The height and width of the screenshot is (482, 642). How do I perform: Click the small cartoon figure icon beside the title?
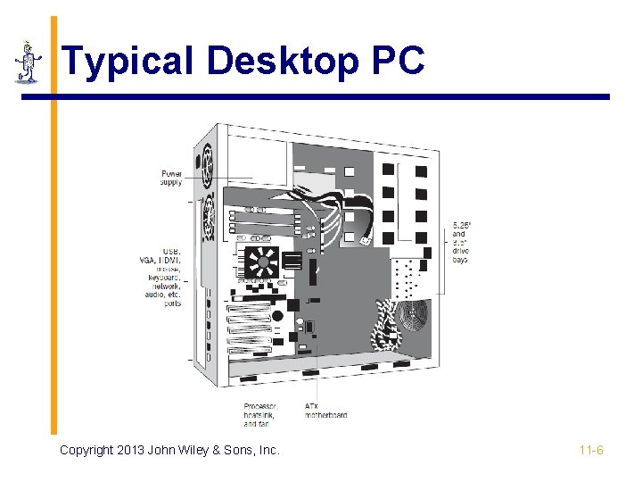tap(29, 62)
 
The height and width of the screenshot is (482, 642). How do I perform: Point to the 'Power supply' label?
tap(171, 178)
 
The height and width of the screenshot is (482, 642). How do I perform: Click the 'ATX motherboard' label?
tap(325, 411)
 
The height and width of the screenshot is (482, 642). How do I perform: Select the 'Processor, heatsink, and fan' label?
tap(260, 415)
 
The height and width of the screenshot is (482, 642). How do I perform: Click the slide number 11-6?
tap(591, 450)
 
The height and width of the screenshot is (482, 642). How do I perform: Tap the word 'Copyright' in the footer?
tap(86, 450)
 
